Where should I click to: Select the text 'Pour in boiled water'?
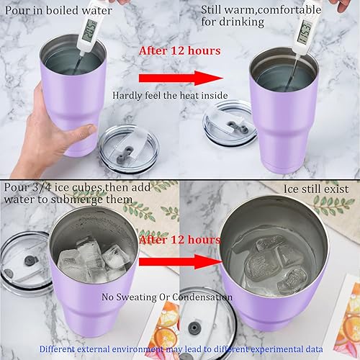click(56, 10)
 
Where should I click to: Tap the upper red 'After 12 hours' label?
click(170, 51)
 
